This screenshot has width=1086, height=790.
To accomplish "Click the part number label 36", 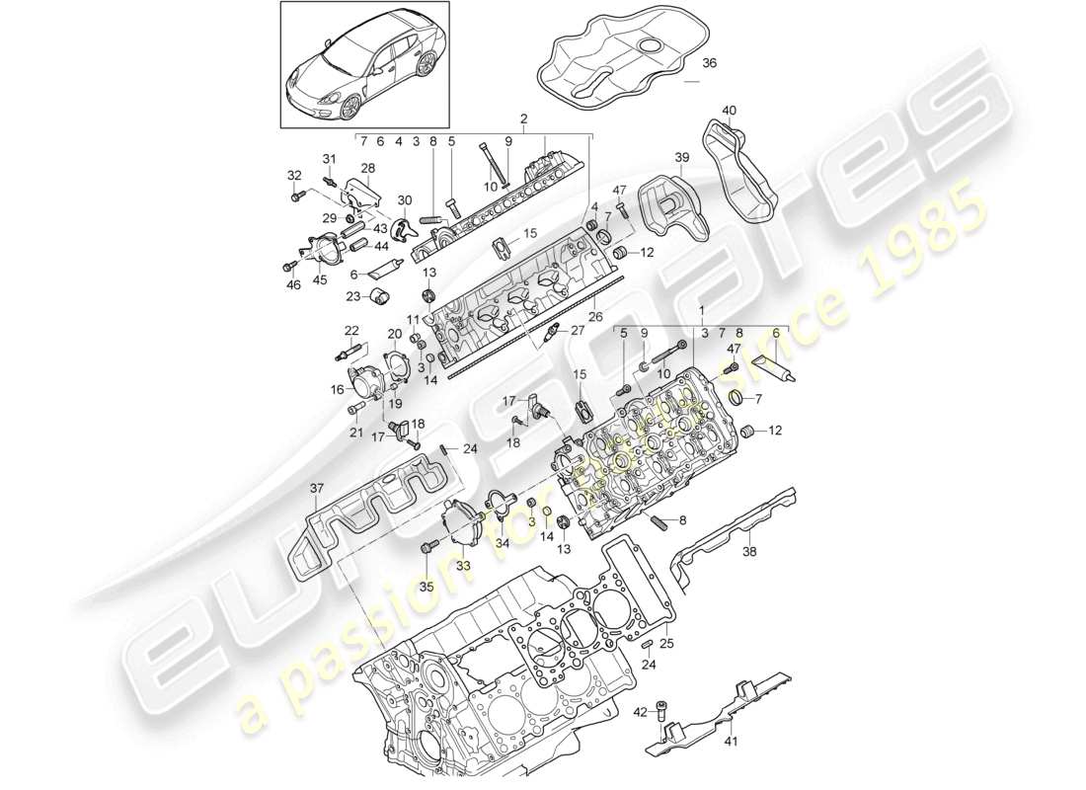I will (x=710, y=64).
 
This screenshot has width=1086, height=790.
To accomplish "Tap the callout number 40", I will (x=730, y=110).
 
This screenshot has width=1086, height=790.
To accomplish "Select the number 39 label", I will (x=681, y=158).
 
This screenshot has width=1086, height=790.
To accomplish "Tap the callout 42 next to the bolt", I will (x=639, y=710).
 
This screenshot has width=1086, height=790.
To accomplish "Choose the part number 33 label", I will (x=462, y=566).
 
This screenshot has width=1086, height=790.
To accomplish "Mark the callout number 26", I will (x=596, y=317).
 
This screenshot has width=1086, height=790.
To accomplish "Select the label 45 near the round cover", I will (x=320, y=278).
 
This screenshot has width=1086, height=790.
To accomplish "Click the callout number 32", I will (x=293, y=175).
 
